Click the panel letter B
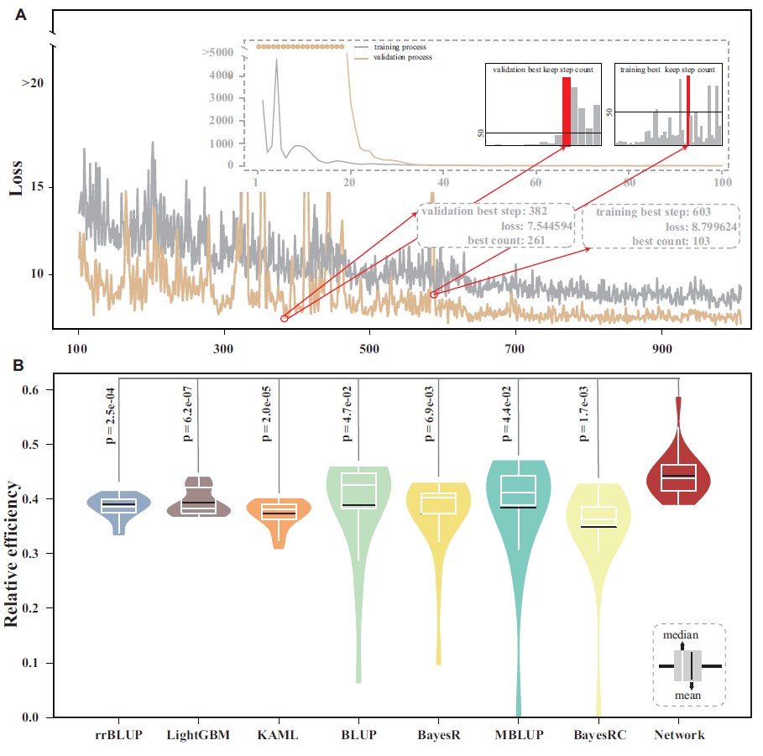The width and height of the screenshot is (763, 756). click(18, 365)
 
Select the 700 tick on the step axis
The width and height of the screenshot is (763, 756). click(515, 347)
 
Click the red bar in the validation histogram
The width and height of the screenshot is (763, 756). click(566, 112)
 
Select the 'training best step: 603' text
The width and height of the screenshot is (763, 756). click(653, 212)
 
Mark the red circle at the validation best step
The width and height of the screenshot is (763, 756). click(284, 319)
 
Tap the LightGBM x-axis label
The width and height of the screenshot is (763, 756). click(198, 736)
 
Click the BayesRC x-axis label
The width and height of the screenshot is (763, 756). click(598, 736)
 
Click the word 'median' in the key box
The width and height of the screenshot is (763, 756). click(681, 636)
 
